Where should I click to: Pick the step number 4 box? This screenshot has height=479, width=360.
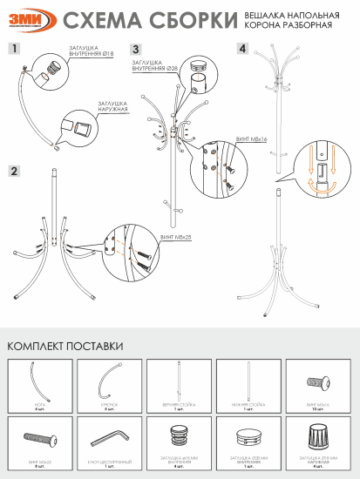pyautogui.click(x=242, y=50)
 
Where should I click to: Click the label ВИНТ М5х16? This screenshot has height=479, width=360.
pyautogui.click(x=251, y=138)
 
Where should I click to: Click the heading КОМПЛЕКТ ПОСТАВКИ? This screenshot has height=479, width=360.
pyautogui.click(x=65, y=346)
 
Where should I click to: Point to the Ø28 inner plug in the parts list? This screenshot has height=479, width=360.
pyautogui.click(x=248, y=435)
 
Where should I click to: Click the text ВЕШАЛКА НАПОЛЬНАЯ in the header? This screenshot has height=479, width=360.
pyautogui.click(x=309, y=16)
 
